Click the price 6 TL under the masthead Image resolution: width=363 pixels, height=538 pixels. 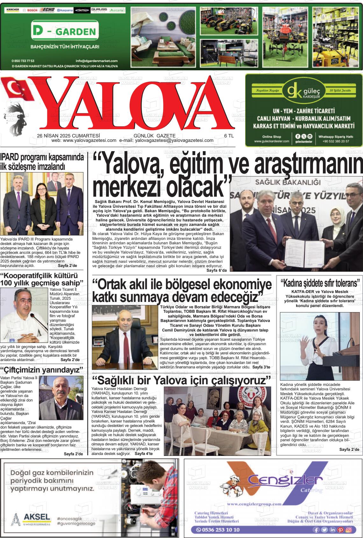(x=229, y=136)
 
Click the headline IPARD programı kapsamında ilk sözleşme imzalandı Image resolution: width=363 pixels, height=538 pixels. (x=42, y=162)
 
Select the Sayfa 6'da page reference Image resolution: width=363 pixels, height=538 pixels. (x=217, y=270)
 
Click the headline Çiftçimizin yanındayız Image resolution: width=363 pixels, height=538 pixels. (x=42, y=370)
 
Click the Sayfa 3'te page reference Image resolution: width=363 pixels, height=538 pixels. (x=261, y=367)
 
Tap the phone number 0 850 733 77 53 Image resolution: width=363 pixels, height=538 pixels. (x=23, y=61)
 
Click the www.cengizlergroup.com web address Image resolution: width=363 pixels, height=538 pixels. (x=254, y=504)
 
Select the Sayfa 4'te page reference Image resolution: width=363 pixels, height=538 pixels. (x=144, y=454)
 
